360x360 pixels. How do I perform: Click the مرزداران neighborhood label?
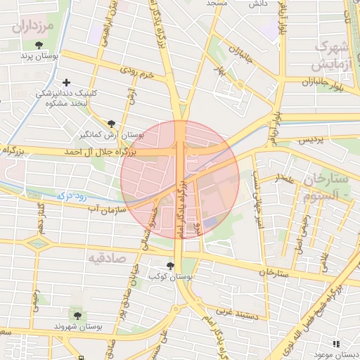[x=32, y=28]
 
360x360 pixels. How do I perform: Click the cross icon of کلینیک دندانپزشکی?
[x=67, y=83]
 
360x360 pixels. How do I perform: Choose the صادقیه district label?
[x=107, y=258]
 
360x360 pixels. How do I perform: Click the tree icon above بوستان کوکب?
[x=171, y=266]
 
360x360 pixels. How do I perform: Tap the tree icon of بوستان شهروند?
[x=76, y=314]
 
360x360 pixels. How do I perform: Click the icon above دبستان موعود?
[x=336, y=344]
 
